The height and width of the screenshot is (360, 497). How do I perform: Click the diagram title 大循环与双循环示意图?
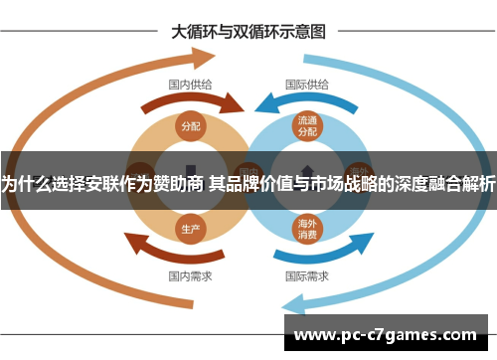tap(248, 32)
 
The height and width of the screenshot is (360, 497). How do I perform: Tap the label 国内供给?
tap(189, 85)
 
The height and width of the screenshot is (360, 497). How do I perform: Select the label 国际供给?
tap(306, 85)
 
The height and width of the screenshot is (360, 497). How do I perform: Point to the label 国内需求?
tap(189, 275)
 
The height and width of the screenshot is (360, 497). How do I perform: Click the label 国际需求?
tap(306, 275)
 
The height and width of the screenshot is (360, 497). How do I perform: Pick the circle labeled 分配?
tap(190, 126)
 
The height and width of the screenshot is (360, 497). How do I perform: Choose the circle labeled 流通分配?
tap(306, 125)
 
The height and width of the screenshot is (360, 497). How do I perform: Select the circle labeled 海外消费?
tap(306, 229)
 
